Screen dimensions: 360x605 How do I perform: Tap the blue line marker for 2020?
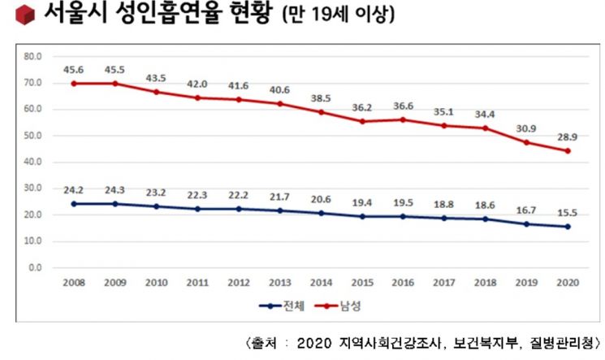click(567, 227)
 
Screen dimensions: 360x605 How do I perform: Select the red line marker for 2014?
click(322, 112)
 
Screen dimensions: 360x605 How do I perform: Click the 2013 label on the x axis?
click(280, 284)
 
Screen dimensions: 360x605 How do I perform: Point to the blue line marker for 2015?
click(362, 216)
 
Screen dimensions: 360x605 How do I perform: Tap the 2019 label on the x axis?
click(526, 284)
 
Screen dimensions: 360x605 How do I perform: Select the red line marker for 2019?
click(526, 142)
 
